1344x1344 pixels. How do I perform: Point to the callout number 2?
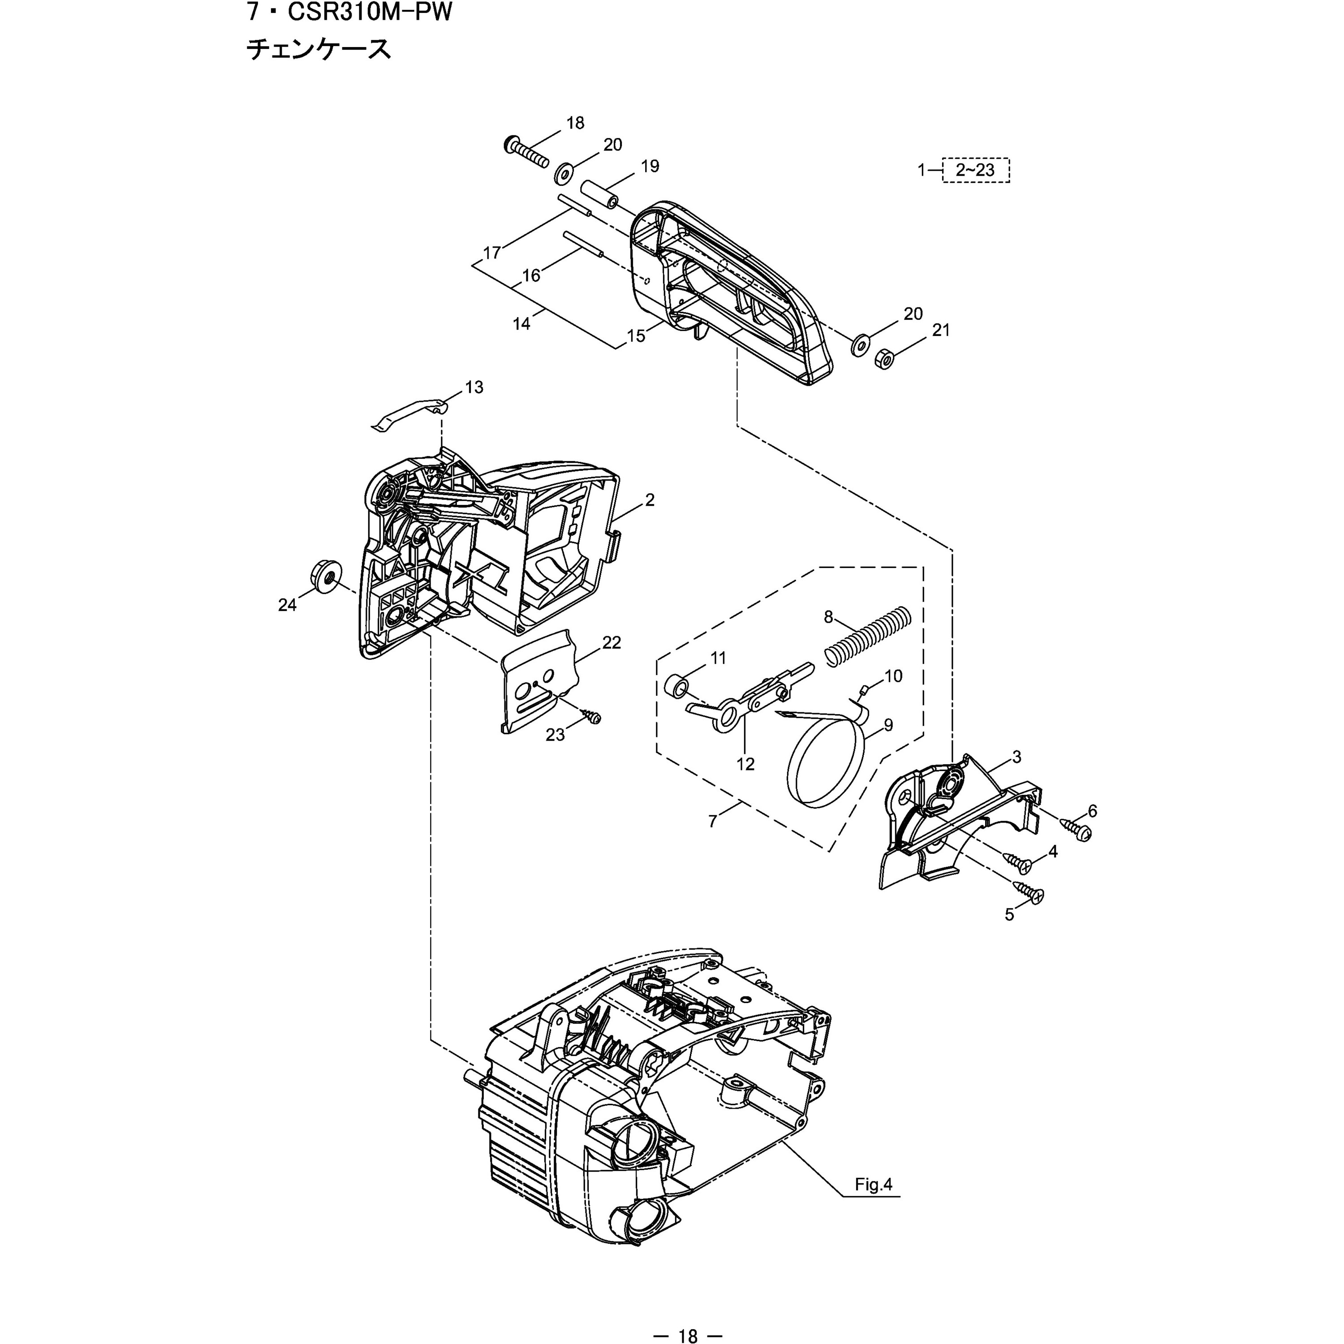(649, 500)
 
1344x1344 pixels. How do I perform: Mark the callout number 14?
(521, 323)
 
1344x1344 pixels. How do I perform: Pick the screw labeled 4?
(1018, 863)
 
